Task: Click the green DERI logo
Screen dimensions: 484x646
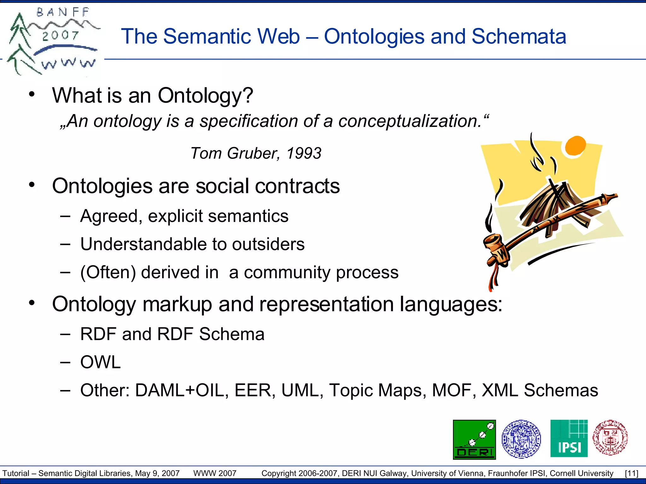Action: click(x=474, y=439)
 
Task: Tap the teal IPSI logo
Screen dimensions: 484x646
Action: click(x=569, y=439)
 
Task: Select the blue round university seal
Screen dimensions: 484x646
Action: click(x=521, y=439)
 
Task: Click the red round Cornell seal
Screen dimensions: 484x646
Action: click(x=610, y=438)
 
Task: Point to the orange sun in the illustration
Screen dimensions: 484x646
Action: click(x=575, y=145)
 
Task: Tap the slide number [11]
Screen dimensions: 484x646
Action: click(x=631, y=473)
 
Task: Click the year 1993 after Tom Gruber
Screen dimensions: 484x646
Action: click(x=304, y=153)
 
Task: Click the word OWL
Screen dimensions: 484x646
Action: click(x=100, y=362)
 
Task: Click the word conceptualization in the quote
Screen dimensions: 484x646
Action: click(x=410, y=121)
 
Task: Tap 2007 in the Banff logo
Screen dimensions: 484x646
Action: click(x=60, y=35)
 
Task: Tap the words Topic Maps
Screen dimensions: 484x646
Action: click(x=377, y=390)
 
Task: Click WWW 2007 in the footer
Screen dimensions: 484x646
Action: click(x=215, y=473)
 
